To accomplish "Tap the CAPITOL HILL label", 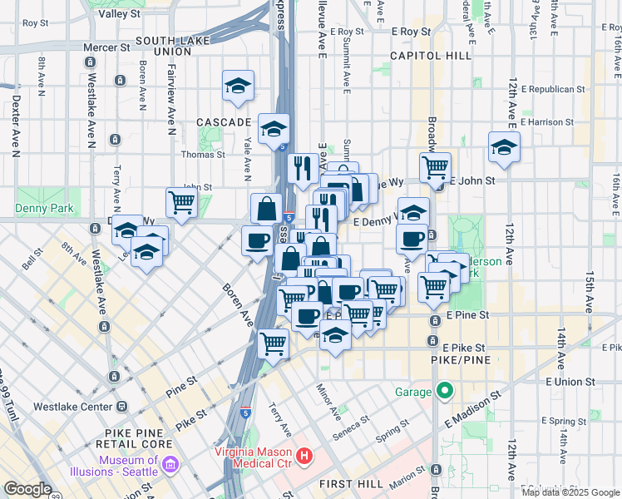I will (426, 57).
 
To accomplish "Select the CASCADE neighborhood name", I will (223, 122).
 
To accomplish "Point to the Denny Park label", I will (44, 209).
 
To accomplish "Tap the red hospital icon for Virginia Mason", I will (304, 455).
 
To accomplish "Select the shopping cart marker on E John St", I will (435, 167).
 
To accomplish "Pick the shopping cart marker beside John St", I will (181, 201).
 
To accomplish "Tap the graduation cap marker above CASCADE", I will (238, 86).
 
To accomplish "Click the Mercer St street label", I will (101, 47).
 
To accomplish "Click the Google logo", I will (27, 489).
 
